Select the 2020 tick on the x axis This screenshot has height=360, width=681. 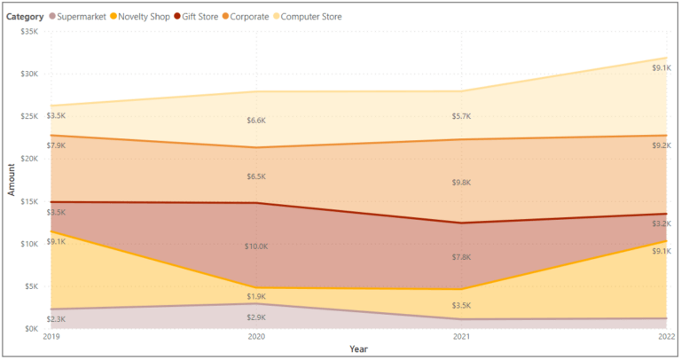256,338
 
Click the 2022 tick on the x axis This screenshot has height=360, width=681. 659,338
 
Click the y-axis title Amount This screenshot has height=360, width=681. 12,179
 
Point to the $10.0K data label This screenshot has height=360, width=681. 255,247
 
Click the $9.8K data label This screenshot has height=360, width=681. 461,183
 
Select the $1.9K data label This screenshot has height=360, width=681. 255,296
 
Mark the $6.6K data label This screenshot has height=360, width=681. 255,121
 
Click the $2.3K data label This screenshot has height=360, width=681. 55,319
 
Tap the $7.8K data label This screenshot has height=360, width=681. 461,257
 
